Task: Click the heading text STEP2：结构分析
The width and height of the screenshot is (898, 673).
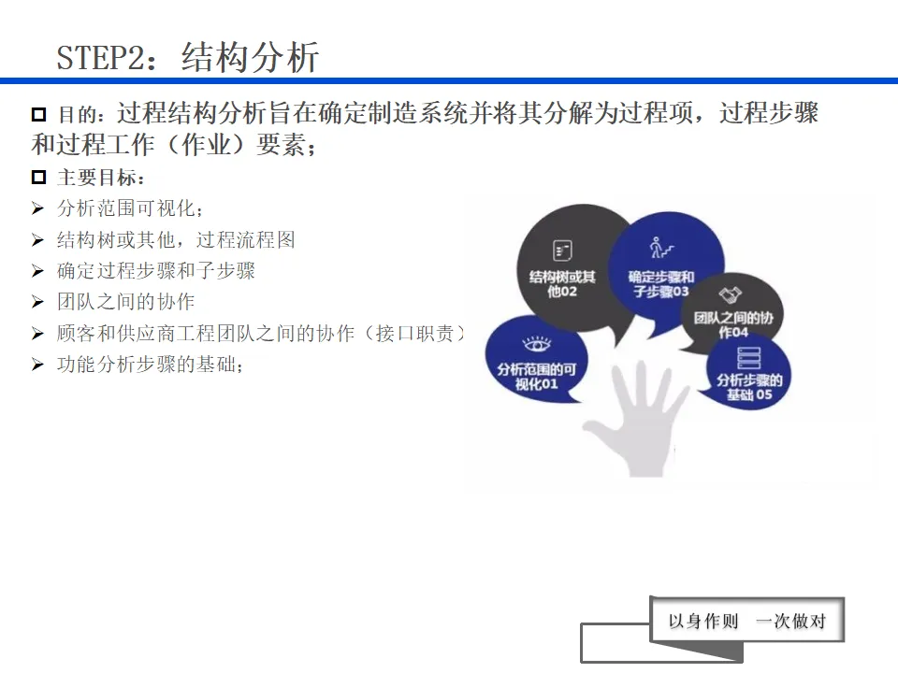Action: (x=187, y=57)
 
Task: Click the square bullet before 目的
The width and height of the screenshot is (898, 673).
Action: (x=39, y=115)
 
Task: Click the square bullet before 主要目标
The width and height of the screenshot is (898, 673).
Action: (x=39, y=178)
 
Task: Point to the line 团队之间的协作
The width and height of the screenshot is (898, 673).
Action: (x=125, y=302)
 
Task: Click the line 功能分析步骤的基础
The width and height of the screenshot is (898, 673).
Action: (x=150, y=365)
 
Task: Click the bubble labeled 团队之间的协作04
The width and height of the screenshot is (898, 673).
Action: (x=735, y=313)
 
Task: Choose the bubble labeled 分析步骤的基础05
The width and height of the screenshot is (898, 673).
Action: (x=749, y=374)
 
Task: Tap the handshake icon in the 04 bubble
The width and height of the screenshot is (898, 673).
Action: (x=733, y=294)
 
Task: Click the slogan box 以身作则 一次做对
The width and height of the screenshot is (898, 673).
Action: (x=747, y=621)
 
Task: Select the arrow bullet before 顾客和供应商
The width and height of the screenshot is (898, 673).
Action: (x=37, y=334)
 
